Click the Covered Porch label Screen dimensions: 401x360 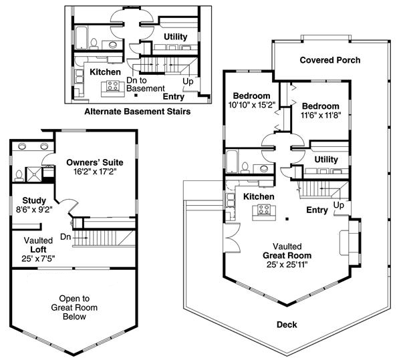pos(330,60)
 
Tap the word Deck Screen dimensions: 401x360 pos(287,325)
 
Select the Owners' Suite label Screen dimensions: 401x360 pos(95,162)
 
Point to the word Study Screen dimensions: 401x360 pos(34,200)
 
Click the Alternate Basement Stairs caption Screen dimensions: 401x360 pos(138,112)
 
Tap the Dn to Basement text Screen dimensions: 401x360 pos(146,84)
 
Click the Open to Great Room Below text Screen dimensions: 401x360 pos(74,307)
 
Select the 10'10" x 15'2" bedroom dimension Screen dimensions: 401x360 pos(252,105)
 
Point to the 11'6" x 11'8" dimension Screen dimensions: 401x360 pos(321,116)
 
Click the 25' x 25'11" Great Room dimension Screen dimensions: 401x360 pos(287,264)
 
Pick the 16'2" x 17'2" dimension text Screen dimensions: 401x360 pos(95,172)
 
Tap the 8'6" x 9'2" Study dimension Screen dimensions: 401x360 pos(34,210)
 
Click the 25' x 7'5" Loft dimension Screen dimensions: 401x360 pos(38,259)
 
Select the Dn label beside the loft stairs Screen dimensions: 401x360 pos(65,237)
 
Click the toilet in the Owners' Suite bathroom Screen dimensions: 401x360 pos(19,176)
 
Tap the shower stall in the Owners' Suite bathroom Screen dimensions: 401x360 pos(33,174)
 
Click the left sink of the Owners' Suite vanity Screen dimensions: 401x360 pos(22,146)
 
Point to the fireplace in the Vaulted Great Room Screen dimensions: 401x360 pos(350,242)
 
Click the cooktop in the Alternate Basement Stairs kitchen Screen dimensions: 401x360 pos(113,85)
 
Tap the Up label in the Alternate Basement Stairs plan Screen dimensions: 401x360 pos(188,81)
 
